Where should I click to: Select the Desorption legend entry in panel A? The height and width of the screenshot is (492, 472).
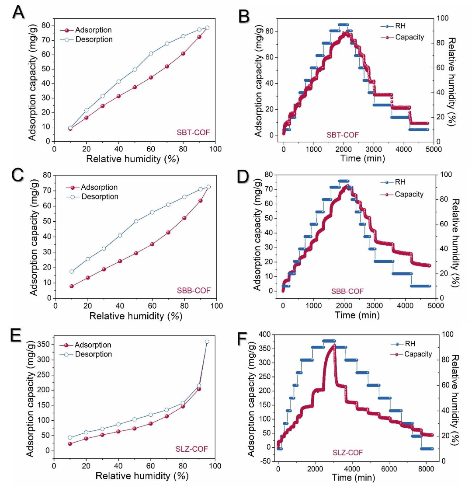(x=94, y=39)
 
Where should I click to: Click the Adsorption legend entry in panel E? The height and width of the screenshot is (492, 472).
(x=93, y=345)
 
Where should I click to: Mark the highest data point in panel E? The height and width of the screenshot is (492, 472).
(x=207, y=342)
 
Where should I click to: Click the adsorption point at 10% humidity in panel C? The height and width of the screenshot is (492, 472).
(x=71, y=286)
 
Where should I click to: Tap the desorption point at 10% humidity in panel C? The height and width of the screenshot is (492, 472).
(x=71, y=271)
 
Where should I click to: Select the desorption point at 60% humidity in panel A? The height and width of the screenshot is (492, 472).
(x=151, y=53)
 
